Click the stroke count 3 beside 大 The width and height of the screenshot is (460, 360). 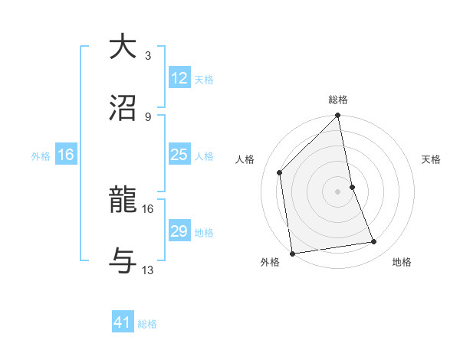coord(148,55)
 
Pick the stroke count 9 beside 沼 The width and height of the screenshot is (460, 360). coord(148,116)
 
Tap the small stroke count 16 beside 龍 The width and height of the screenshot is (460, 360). coord(148,208)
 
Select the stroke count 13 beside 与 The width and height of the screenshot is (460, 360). coord(148,270)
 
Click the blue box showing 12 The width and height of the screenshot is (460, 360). coord(179,78)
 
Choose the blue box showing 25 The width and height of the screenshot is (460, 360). coord(179,155)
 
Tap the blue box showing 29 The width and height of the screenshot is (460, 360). coord(179,231)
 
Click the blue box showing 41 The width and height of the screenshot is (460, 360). coord(123,322)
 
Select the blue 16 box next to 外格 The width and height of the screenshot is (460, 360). coord(66,155)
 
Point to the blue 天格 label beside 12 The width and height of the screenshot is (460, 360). coord(204,80)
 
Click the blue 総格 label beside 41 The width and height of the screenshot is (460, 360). coord(147,324)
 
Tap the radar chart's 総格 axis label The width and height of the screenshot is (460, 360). coord(338,100)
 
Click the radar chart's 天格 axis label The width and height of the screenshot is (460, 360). coord(432,159)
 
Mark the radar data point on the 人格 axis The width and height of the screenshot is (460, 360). coord(280,172)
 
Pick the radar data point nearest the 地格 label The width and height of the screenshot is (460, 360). coord(374,242)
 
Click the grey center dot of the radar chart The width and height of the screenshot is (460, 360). coord(338,191)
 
